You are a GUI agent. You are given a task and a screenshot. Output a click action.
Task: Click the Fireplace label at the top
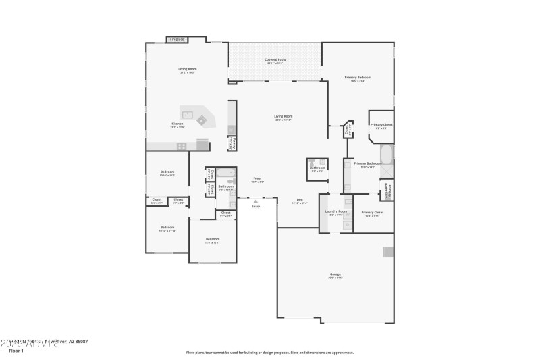coord(178,40)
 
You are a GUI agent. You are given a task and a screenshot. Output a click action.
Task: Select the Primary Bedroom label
coord(358,78)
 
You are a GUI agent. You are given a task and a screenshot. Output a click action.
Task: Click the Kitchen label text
coord(178,124)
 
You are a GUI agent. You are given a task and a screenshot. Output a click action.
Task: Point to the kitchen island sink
coord(187,113)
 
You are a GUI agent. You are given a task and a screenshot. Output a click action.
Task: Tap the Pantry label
coord(233,143)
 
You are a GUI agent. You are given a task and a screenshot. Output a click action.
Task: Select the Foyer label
coord(257,179)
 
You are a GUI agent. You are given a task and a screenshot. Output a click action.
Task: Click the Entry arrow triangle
coord(255,201)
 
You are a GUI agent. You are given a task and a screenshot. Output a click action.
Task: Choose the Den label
coord(300,200)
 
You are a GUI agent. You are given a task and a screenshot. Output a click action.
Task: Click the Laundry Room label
coord(335,212)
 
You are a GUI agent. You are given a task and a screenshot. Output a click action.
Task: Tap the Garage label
coord(335,274)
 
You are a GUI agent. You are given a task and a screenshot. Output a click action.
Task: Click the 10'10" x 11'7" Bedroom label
coord(167,173)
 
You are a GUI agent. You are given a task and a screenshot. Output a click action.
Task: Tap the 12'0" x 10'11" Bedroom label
coord(213,240)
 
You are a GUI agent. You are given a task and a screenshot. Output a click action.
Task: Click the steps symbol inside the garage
coord(387,252)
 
